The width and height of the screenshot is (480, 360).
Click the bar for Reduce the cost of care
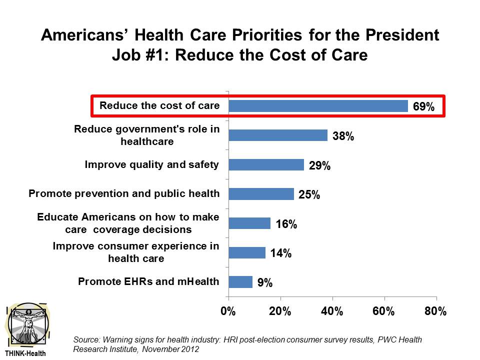(318, 106)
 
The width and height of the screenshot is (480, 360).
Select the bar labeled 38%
(278, 135)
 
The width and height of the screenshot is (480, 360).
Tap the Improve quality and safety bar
(266, 164)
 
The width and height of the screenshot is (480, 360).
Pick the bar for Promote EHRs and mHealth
(240, 282)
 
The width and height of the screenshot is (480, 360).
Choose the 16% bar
(249, 223)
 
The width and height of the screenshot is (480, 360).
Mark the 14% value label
(281, 253)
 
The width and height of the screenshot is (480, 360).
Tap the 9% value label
(265, 283)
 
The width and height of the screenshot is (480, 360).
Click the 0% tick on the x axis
(228, 311)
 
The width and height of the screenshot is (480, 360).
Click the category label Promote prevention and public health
(124, 193)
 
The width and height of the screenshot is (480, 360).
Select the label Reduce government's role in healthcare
(147, 135)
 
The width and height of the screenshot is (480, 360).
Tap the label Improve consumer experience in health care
(136, 252)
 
